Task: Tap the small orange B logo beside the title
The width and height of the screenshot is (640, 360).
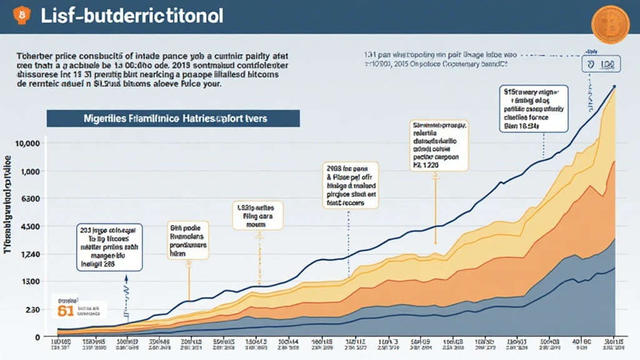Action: click(x=23, y=14)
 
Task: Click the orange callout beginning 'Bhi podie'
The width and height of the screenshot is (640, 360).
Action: click(x=188, y=237)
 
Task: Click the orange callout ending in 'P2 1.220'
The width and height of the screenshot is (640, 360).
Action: click(x=440, y=146)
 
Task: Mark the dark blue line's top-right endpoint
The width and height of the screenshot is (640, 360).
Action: click(x=615, y=86)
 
